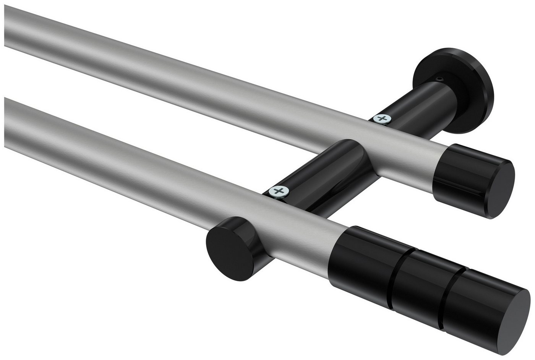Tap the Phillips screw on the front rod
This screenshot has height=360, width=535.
coord(278,191)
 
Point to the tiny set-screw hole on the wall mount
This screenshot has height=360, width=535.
coord(441,79)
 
